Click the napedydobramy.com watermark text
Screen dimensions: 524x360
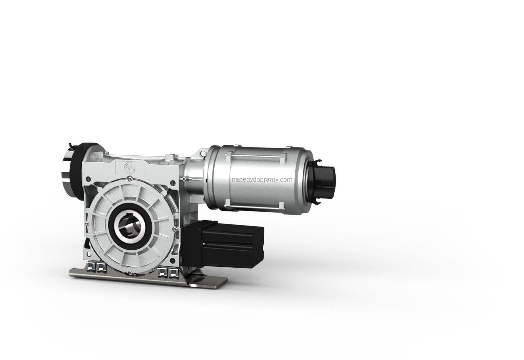(262, 180)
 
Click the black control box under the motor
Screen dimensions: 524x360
(223, 244)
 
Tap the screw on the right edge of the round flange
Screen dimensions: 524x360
(174, 229)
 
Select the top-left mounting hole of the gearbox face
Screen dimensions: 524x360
(88, 179)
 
